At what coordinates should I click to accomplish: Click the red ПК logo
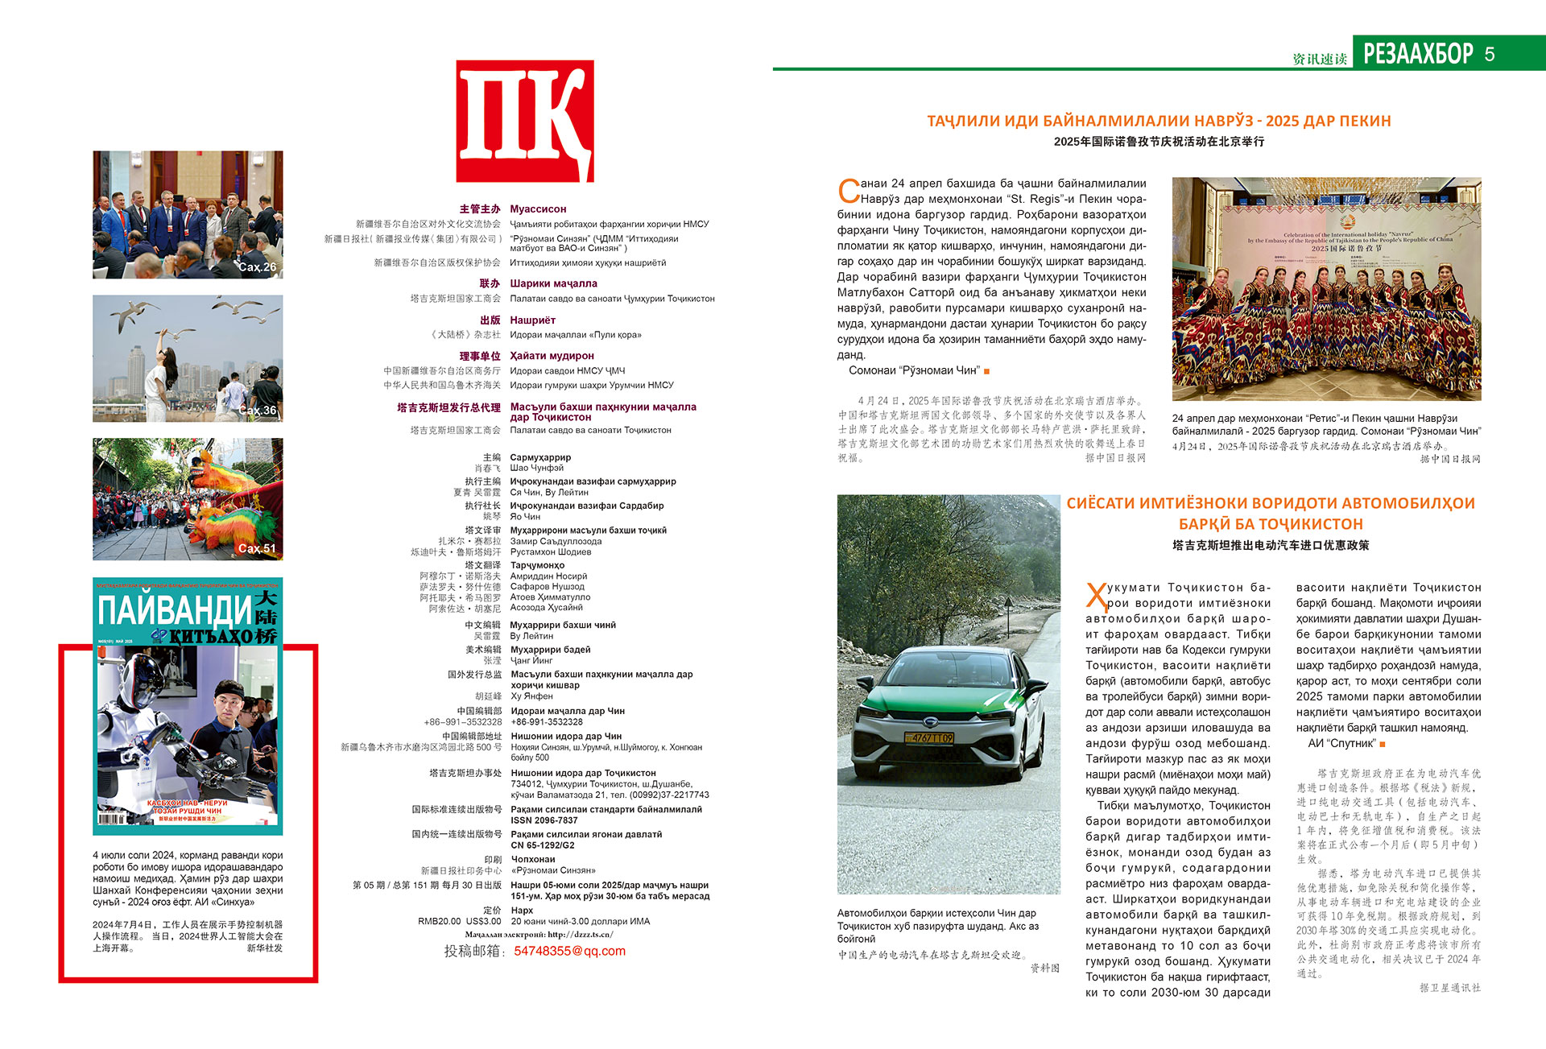525,121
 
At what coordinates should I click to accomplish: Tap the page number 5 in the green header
1490,54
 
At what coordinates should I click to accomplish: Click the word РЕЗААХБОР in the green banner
1418,54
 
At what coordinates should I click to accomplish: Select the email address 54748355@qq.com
569,951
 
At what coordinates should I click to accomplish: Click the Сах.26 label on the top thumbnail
258,267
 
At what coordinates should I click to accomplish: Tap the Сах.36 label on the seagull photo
258,411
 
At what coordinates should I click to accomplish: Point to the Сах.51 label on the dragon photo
257,548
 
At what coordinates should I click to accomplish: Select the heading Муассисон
538,209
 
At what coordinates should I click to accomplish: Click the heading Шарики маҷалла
553,283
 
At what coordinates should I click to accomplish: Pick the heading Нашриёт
532,320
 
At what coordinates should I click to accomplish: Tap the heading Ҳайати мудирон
552,356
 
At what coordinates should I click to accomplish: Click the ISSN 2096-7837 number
544,820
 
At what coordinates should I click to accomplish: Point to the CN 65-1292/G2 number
542,845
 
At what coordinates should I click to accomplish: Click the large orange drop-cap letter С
849,192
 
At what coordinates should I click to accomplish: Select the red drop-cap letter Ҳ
1097,597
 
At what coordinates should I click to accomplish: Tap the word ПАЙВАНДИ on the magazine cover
175,612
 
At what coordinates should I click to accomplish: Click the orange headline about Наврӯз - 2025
1159,122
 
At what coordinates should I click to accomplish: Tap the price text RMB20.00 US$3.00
459,921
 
